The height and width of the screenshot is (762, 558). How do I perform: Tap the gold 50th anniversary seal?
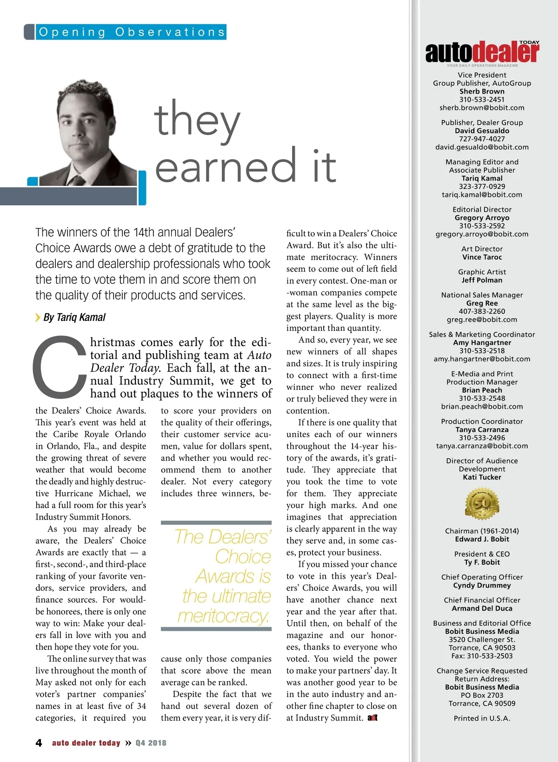482,503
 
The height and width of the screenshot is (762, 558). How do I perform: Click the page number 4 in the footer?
39,743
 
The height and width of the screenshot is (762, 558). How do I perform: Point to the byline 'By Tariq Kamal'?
74,317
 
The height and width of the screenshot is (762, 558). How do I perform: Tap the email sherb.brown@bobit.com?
482,108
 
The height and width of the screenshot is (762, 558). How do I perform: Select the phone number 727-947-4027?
482,139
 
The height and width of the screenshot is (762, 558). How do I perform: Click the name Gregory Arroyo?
482,218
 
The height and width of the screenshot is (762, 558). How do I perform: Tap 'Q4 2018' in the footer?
151,743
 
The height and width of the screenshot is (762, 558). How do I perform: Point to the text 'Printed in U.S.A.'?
482,718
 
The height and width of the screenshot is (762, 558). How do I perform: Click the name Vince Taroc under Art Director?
482,257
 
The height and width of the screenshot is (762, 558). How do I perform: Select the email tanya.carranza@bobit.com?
482,446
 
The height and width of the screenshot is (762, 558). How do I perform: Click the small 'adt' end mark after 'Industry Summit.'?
372,718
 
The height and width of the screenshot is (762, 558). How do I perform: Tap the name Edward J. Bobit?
482,539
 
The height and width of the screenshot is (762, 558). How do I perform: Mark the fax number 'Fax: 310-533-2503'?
482,656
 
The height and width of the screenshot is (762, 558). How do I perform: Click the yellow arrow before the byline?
38,317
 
